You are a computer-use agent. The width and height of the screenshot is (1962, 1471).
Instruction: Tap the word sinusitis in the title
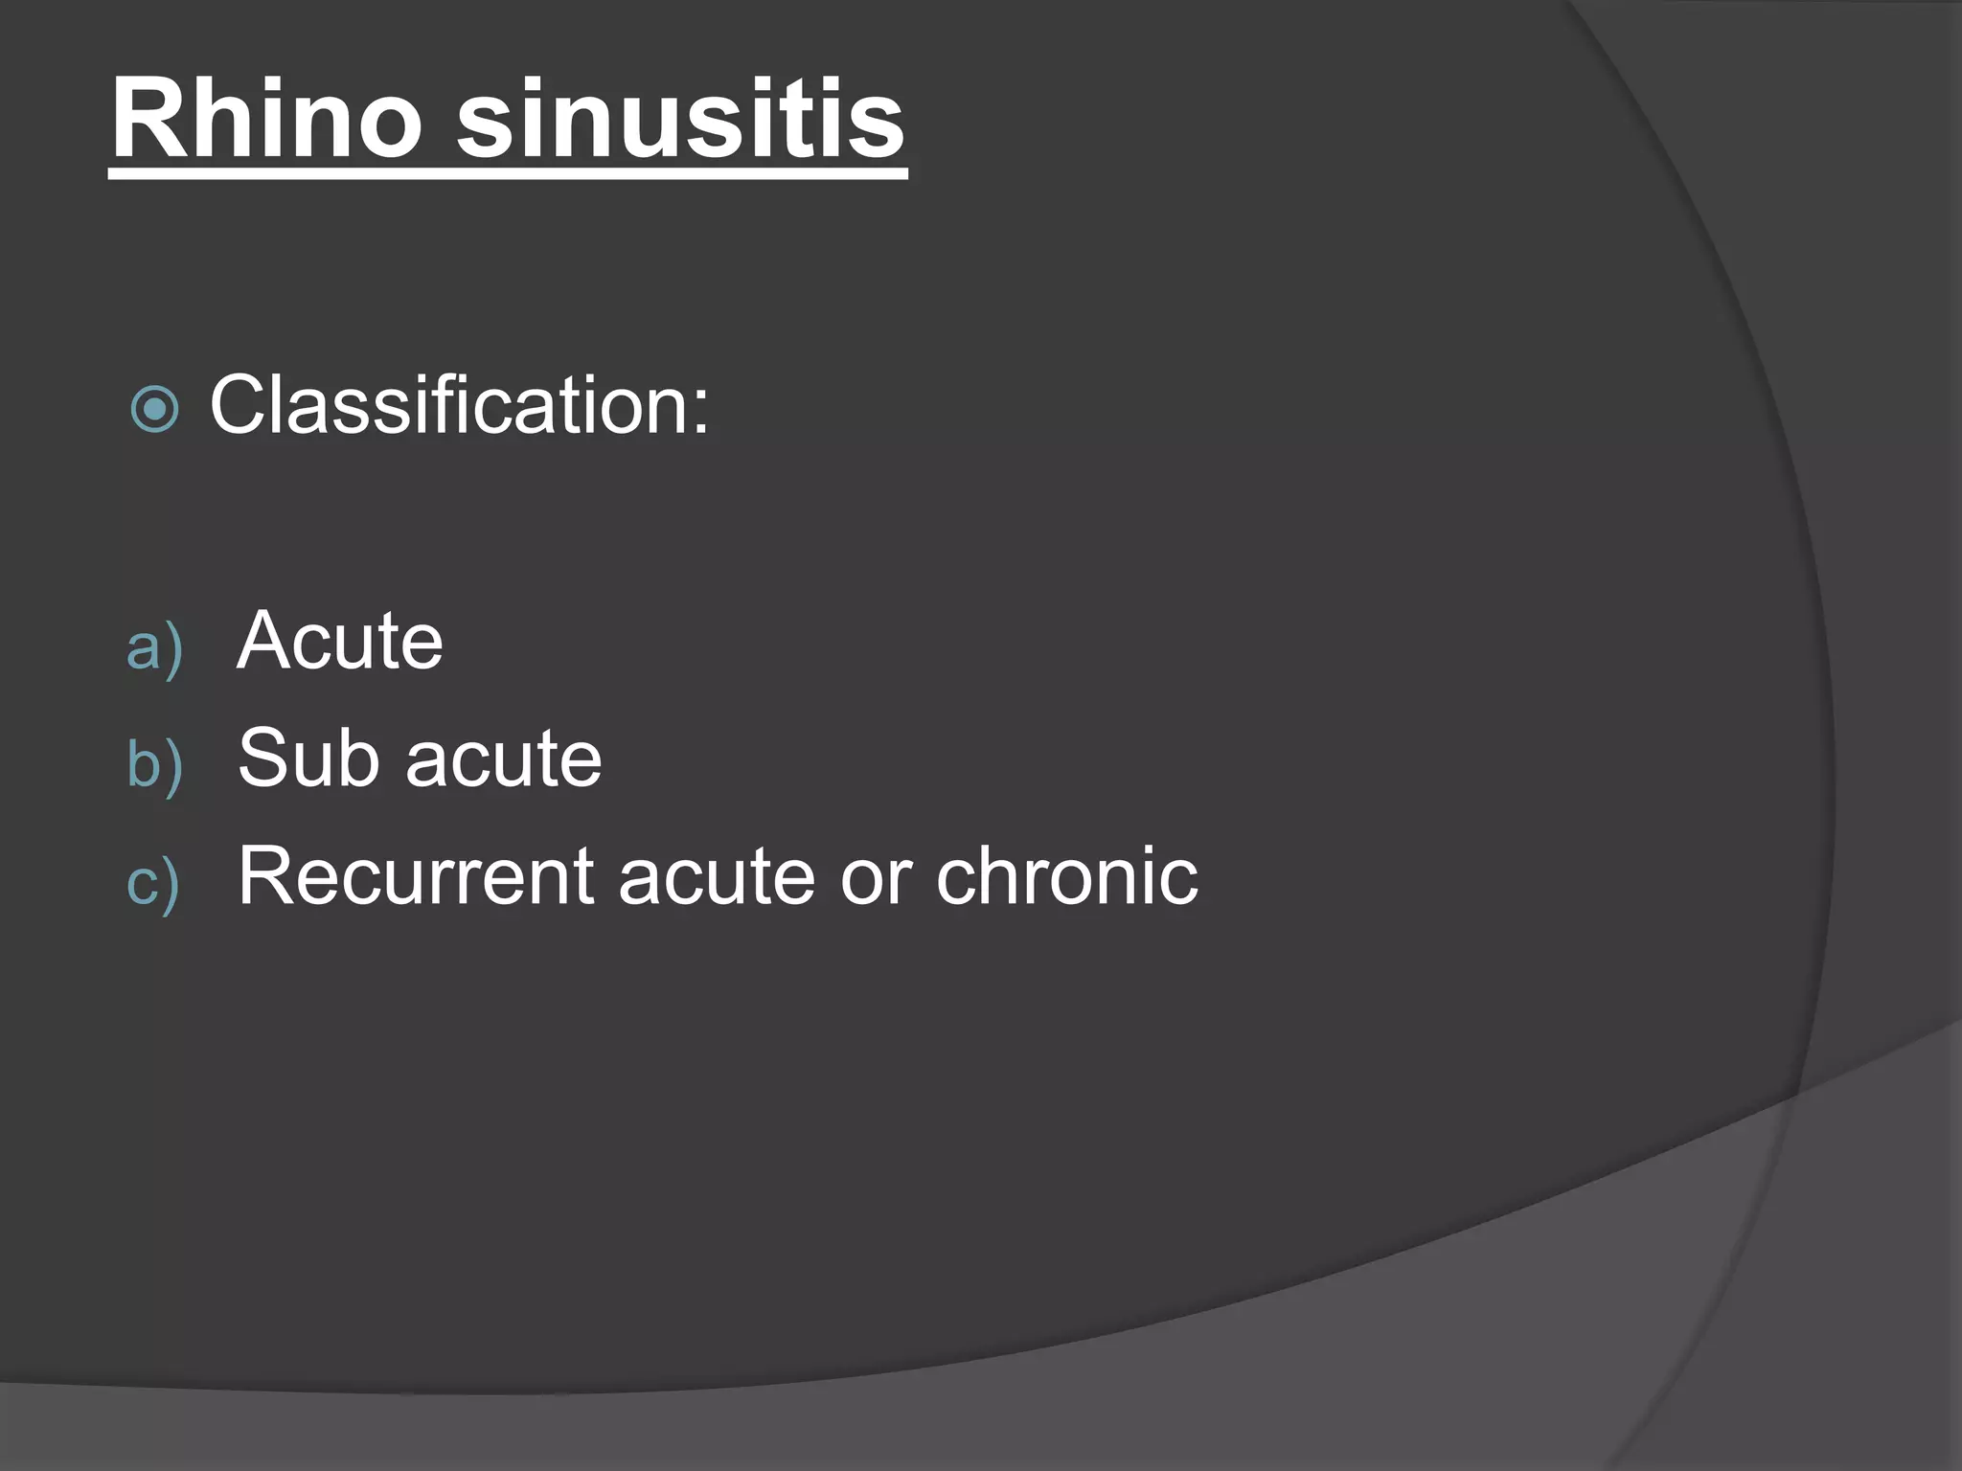(680, 120)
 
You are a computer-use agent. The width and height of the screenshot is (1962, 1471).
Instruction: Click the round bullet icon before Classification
(154, 410)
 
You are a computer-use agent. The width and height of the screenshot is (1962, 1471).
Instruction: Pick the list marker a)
(154, 646)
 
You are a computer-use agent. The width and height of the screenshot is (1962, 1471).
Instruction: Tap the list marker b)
(154, 764)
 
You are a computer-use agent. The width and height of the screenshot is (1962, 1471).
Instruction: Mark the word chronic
(1066, 875)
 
